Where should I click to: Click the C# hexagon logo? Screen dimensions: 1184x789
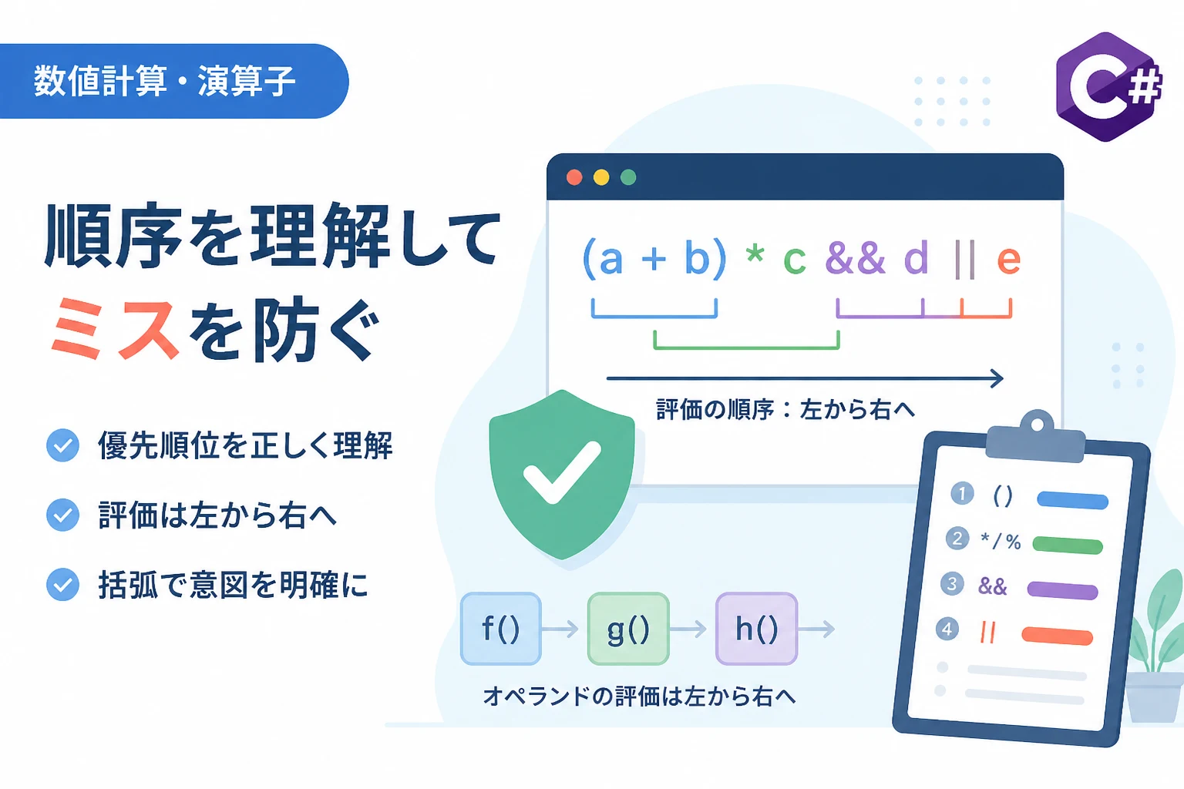(x=1108, y=86)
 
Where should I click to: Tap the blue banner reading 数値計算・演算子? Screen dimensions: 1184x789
(x=173, y=81)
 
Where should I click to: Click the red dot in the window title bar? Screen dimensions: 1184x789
(x=574, y=177)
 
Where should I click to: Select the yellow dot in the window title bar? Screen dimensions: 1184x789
(x=601, y=177)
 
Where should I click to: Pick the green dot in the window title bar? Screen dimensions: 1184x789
(x=628, y=177)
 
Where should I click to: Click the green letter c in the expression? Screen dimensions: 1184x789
(x=795, y=260)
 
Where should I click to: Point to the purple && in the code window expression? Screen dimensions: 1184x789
(x=855, y=257)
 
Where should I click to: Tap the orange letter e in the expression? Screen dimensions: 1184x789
(x=1008, y=260)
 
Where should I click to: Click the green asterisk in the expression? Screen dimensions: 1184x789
(x=755, y=253)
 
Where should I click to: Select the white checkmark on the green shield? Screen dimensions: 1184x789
(x=561, y=472)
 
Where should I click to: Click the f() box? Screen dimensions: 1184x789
(x=500, y=628)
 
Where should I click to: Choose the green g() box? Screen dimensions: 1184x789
(x=628, y=628)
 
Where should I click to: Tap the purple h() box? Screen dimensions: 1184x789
(x=756, y=628)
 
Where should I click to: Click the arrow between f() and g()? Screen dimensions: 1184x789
(x=560, y=629)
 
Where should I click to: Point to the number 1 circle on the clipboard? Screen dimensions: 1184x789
(x=962, y=494)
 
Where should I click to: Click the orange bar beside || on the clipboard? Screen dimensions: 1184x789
(x=1057, y=636)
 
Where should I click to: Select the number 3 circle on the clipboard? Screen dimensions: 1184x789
(x=952, y=584)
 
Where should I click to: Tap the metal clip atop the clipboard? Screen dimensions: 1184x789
(x=1037, y=437)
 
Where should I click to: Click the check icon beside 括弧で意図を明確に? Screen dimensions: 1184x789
(x=62, y=585)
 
